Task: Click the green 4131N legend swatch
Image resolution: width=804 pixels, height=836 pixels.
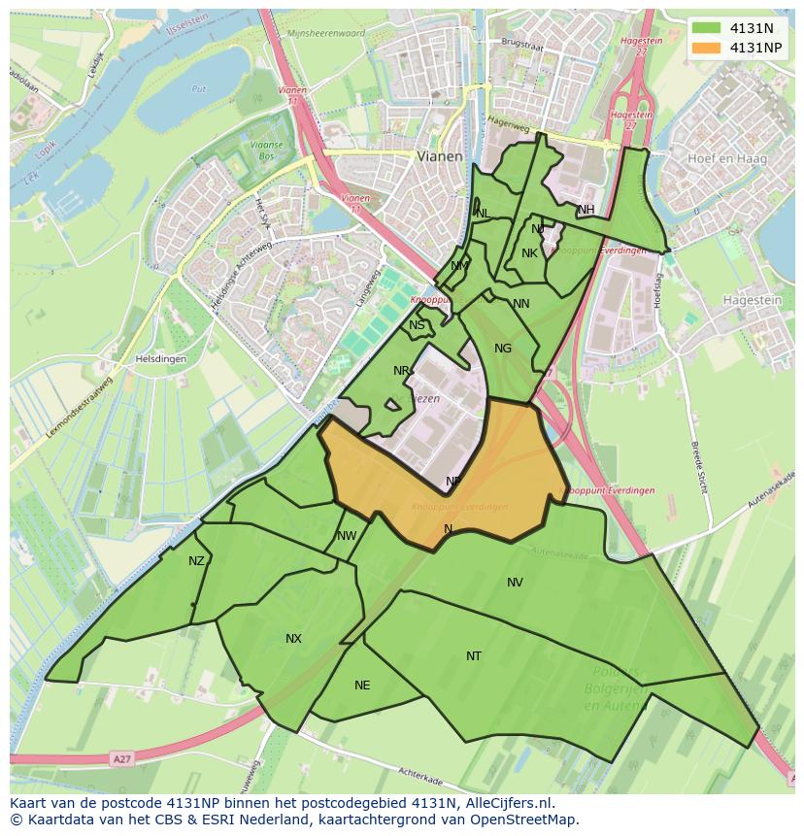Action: [706, 27]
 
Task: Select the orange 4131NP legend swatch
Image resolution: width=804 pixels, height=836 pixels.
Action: [706, 48]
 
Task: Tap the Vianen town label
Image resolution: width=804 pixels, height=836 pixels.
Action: [440, 155]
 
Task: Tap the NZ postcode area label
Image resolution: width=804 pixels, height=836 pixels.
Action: [197, 561]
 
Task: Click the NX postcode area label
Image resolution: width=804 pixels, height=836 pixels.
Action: [293, 639]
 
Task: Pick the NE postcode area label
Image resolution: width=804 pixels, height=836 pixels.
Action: [362, 686]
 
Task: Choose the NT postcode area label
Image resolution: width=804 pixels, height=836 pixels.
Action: [474, 656]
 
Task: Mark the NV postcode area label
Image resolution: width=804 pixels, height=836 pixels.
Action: [515, 583]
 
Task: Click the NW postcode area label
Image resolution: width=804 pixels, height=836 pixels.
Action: [347, 536]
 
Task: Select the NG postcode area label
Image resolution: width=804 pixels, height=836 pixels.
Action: [503, 349]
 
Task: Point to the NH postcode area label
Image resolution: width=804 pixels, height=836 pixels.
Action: [586, 210]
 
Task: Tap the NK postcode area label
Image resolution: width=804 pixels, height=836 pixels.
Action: [529, 253]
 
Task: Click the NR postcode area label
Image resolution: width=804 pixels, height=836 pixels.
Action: [401, 371]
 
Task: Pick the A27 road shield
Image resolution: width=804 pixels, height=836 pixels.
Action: [120, 759]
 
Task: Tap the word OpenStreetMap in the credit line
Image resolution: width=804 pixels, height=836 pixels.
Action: [530, 819]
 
